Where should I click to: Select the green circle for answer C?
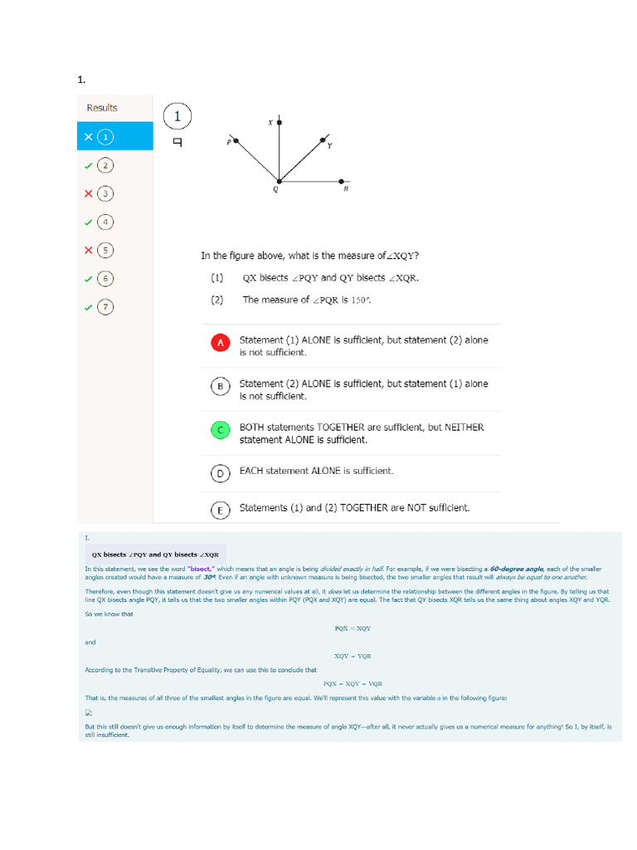pyautogui.click(x=220, y=430)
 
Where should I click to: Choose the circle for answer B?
pyautogui.click(x=220, y=386)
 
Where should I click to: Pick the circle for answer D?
pyautogui.click(x=220, y=472)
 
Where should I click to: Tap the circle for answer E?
pyautogui.click(x=220, y=510)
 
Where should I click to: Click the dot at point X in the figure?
pyautogui.click(x=279, y=123)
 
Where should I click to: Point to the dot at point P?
pyautogui.click(x=236, y=142)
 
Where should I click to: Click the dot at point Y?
pyautogui.click(x=323, y=140)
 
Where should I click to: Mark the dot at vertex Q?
pyautogui.click(x=279, y=180)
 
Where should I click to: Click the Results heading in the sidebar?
pyautogui.click(x=102, y=108)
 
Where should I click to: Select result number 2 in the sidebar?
pyautogui.click(x=105, y=165)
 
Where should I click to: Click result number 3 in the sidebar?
pyautogui.click(x=105, y=193)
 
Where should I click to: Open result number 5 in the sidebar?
pyautogui.click(x=105, y=250)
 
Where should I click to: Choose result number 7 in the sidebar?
pyautogui.click(x=105, y=307)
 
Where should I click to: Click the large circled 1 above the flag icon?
pyautogui.click(x=177, y=117)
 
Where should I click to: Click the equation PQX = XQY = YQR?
pyautogui.click(x=353, y=683)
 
